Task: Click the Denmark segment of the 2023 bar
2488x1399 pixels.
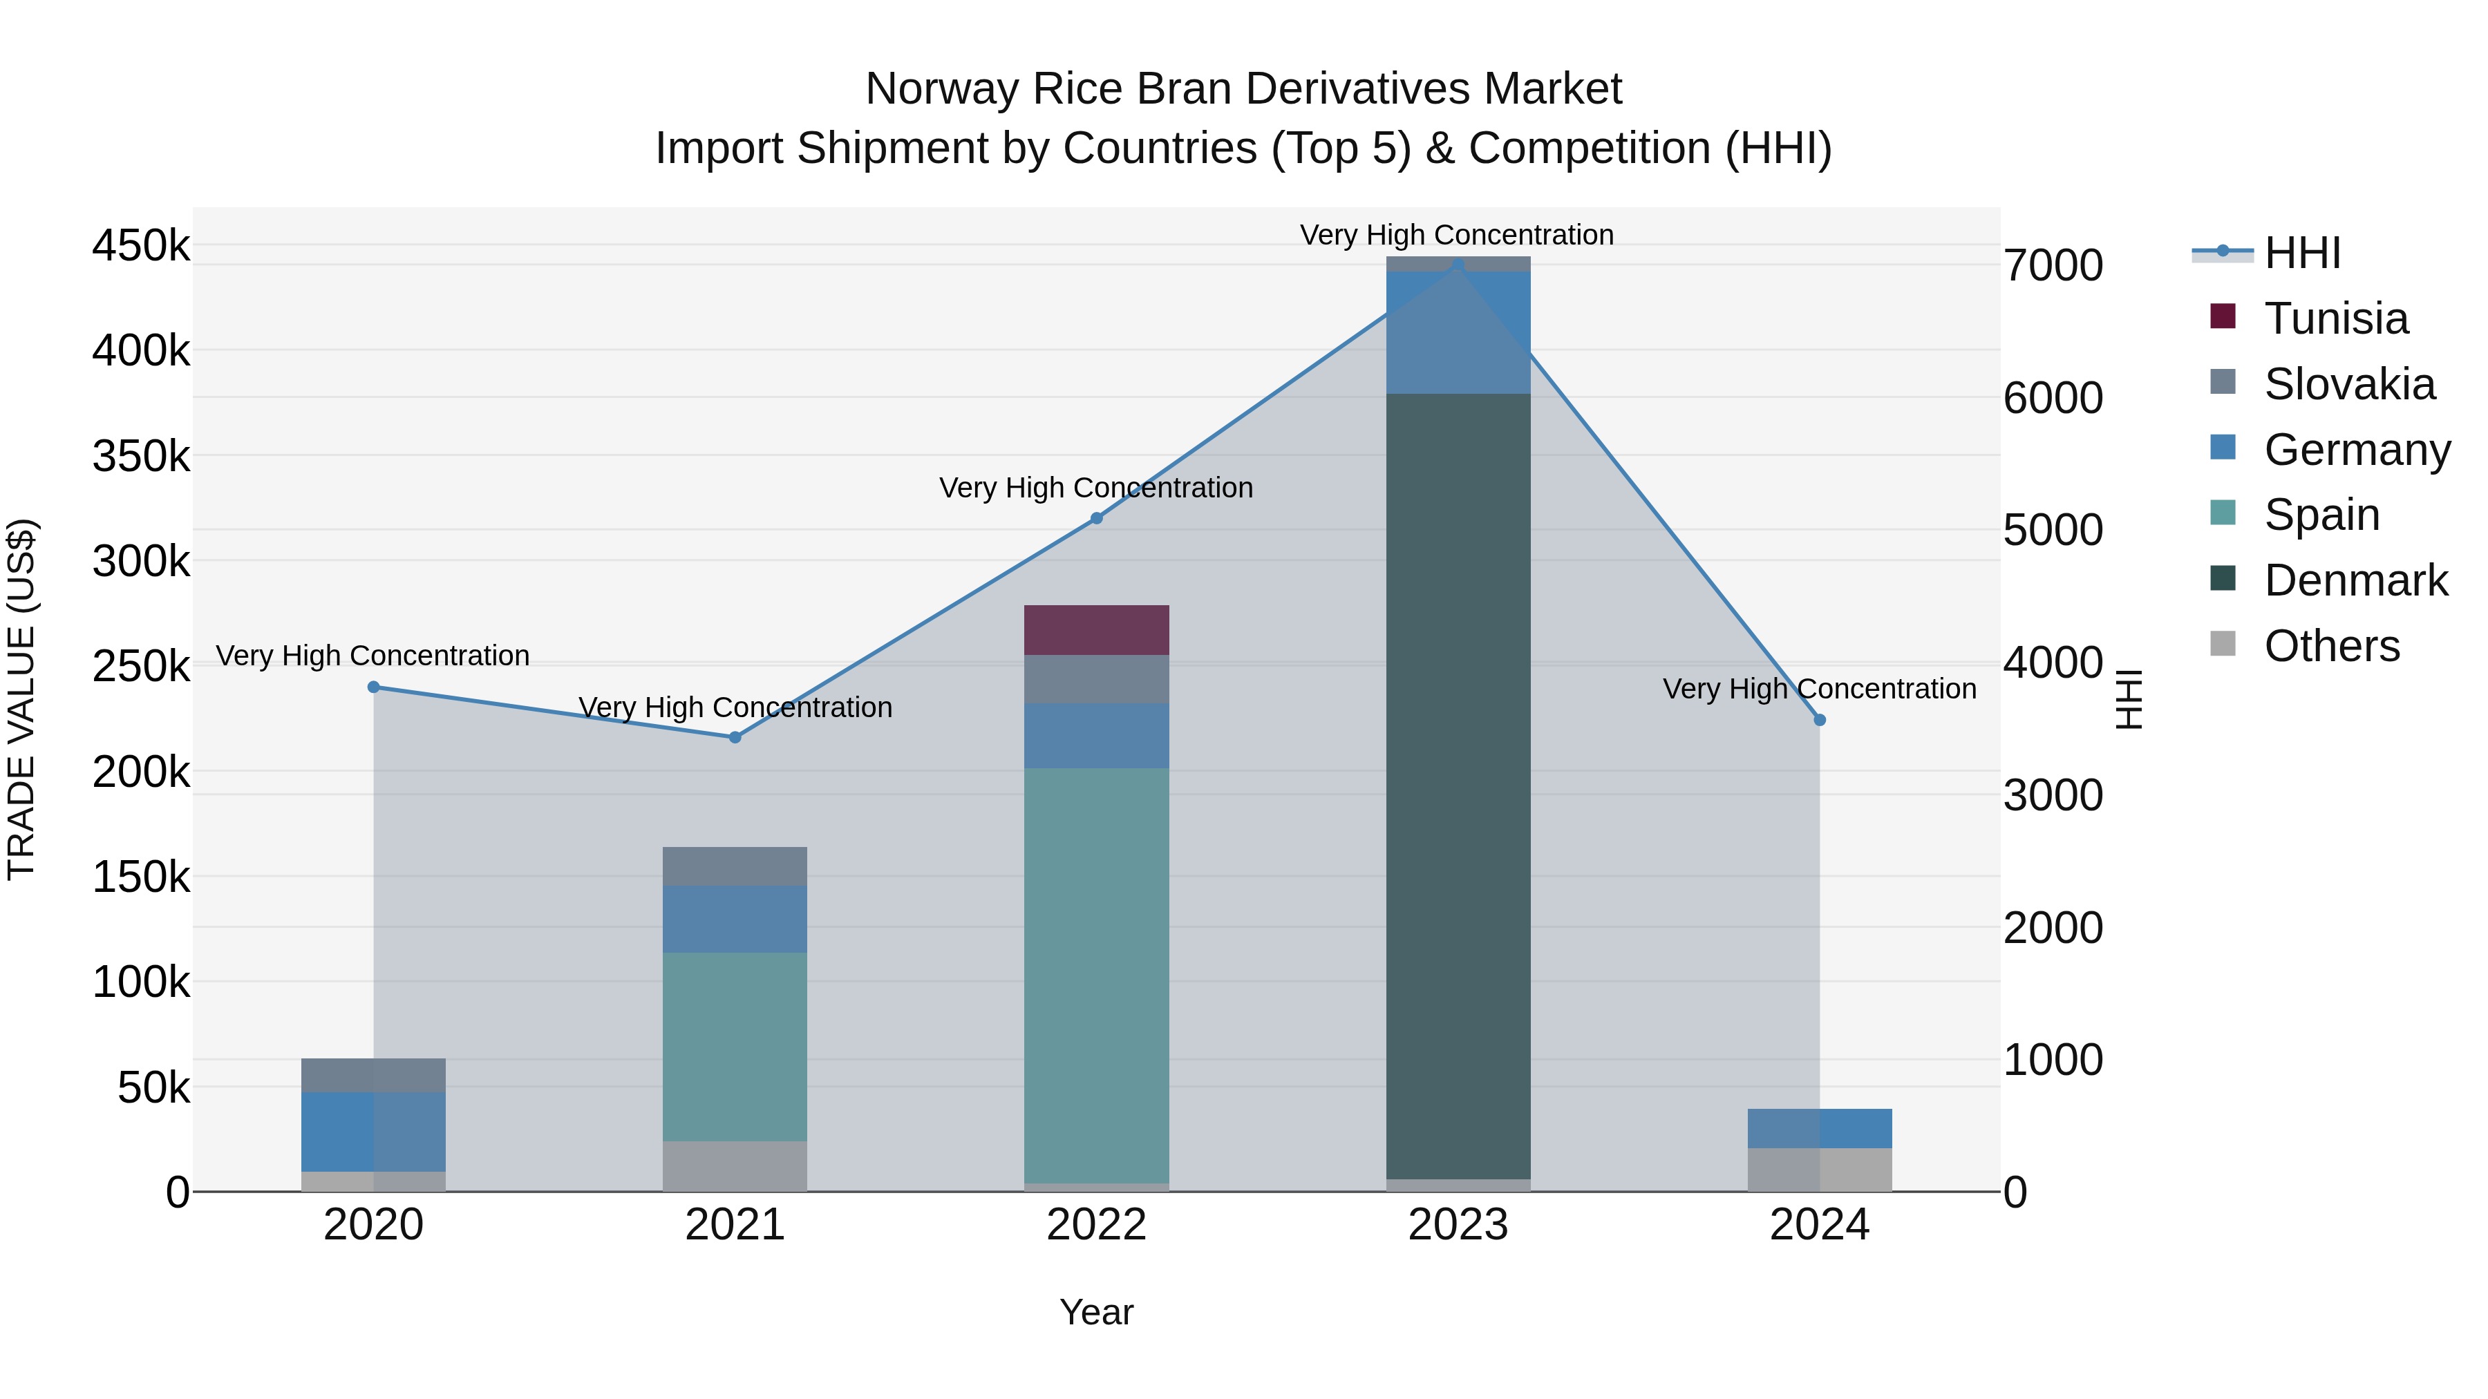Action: pyautogui.click(x=1458, y=786)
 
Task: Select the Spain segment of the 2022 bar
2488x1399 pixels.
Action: pyautogui.click(x=1096, y=975)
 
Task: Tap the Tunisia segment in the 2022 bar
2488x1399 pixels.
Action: pyautogui.click(x=1096, y=629)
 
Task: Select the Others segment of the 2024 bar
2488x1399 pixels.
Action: pyautogui.click(x=1819, y=1169)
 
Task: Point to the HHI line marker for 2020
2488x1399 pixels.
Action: pyautogui.click(x=374, y=687)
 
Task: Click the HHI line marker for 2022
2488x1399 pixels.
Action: pyautogui.click(x=1096, y=518)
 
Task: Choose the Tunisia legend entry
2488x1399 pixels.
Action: pyautogui.click(x=2335, y=318)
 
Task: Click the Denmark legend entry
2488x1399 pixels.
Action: pyautogui.click(x=2355, y=580)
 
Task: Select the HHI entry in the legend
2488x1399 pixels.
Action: pyautogui.click(x=2301, y=253)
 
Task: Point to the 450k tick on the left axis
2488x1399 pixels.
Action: pyautogui.click(x=141, y=246)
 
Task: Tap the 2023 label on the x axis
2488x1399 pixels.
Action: pyautogui.click(x=1458, y=1225)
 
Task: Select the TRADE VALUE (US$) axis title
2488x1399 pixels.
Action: pyautogui.click(x=22, y=699)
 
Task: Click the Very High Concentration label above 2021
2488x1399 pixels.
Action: pyautogui.click(x=735, y=707)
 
